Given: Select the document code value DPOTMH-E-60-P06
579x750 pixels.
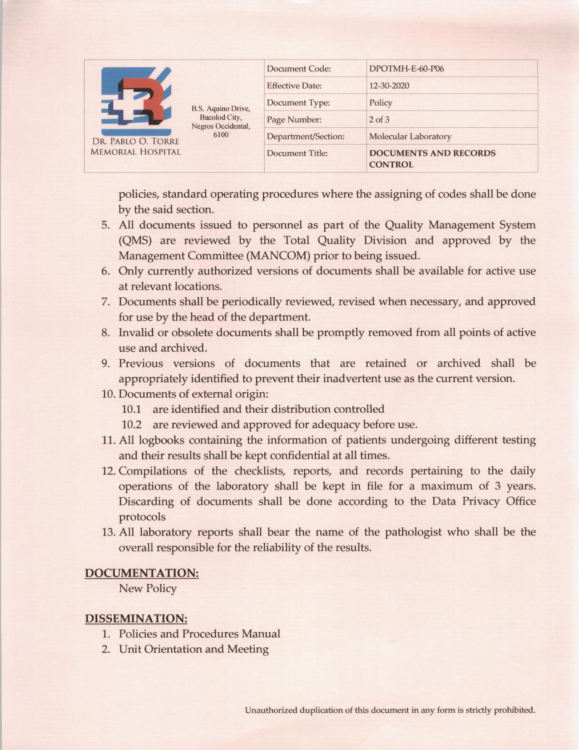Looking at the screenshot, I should [406, 69].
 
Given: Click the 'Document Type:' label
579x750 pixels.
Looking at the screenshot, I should [298, 103].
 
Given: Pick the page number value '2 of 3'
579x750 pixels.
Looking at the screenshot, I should [379, 120].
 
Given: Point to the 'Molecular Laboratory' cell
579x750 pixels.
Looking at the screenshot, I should [410, 136].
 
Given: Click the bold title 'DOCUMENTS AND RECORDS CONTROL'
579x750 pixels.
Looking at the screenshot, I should [432, 159].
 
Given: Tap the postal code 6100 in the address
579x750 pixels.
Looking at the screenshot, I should [221, 135].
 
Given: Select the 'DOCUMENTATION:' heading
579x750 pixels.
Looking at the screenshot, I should [142, 573].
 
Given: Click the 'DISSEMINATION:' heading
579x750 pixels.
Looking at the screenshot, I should [136, 619].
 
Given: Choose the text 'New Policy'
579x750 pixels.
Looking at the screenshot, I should [148, 589].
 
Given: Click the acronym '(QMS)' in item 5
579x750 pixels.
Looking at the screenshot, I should [135, 240].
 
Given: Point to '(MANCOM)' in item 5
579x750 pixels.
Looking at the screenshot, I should [276, 256].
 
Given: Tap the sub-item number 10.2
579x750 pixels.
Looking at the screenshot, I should [131, 425].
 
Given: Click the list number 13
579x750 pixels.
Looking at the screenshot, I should [109, 532].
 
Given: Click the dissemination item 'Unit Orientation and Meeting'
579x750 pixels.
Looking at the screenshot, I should [193, 649].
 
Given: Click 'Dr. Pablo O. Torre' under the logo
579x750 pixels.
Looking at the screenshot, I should [135, 141].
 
